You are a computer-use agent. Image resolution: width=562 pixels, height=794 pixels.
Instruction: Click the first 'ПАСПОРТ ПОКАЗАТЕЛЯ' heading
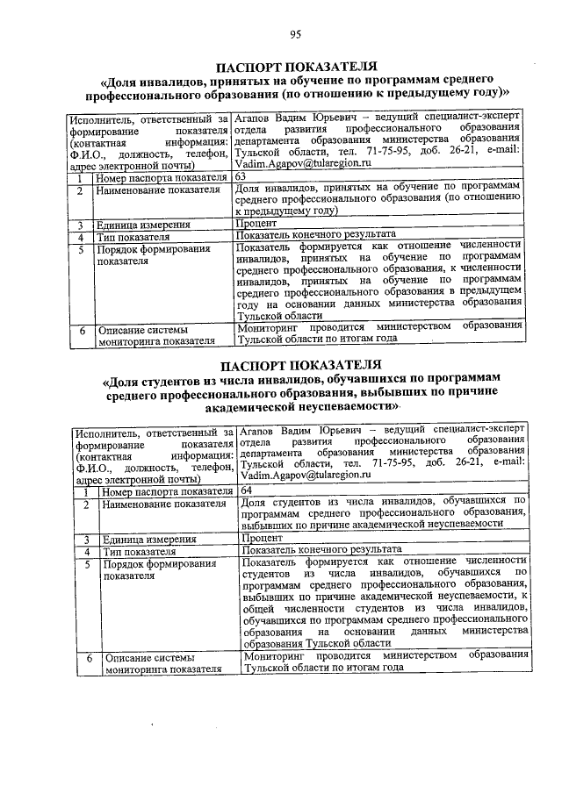[297, 67]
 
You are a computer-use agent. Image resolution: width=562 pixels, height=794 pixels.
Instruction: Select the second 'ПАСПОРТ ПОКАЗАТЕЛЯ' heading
[300, 364]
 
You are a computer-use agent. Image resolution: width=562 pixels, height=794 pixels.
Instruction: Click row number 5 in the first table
[79, 249]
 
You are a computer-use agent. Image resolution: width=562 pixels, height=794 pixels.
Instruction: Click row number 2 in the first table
[79, 190]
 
